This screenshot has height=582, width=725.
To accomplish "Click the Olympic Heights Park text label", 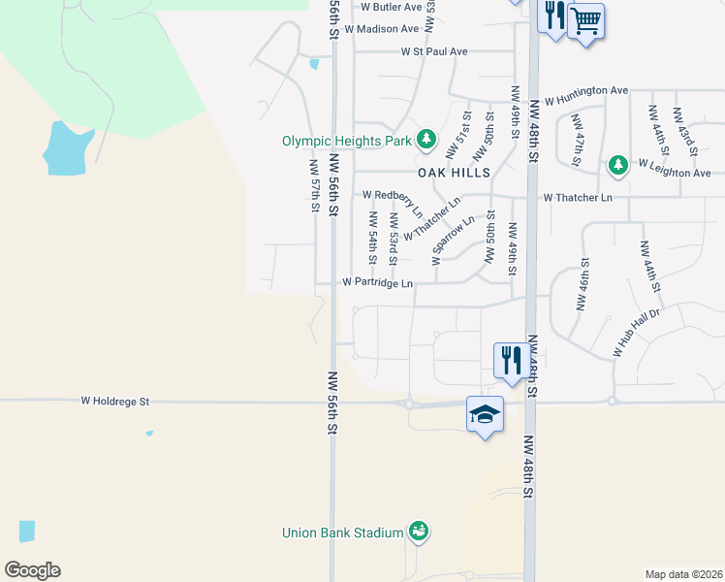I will [347, 141].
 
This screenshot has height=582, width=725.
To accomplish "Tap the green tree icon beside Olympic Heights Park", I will [426, 141].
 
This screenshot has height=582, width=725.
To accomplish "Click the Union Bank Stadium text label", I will [342, 533].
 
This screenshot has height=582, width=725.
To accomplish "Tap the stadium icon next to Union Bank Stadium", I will [419, 532].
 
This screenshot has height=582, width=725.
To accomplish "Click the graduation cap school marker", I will [485, 415].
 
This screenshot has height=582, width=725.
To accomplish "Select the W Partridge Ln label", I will [378, 283].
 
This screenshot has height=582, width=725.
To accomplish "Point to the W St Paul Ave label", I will [434, 51].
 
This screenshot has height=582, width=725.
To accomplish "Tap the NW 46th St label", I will [583, 284].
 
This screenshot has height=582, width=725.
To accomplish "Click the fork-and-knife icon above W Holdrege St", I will [509, 360].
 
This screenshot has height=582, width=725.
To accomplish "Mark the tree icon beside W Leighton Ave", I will [617, 166].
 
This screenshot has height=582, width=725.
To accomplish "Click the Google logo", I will [32, 570].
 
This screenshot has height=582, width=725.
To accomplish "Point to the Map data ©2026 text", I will [682, 574].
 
